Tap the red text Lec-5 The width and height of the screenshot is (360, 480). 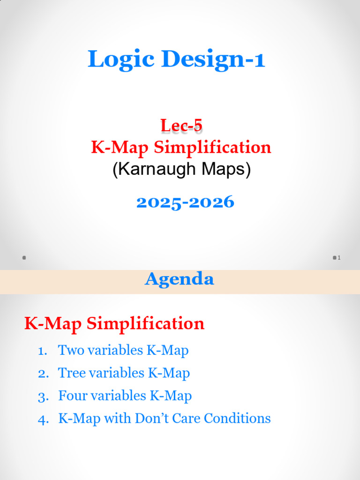pyautogui.click(x=181, y=126)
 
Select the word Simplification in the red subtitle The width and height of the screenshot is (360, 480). pyautogui.click(x=212, y=148)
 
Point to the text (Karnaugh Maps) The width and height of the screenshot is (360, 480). pyautogui.click(x=181, y=169)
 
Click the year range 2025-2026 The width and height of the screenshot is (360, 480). pyautogui.click(x=185, y=202)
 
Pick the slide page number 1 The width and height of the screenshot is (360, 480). pyautogui.click(x=339, y=258)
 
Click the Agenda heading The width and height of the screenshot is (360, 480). pyautogui.click(x=180, y=279)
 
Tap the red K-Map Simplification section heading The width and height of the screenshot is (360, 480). pyautogui.click(x=114, y=323)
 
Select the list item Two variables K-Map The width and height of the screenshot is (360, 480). pyautogui.click(x=123, y=350)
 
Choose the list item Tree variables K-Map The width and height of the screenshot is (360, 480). pyautogui.click(x=124, y=373)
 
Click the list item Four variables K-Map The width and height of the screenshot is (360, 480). pyautogui.click(x=125, y=396)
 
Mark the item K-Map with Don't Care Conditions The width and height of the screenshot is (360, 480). pyautogui.click(x=164, y=418)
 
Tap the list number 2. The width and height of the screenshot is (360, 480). pyautogui.click(x=43, y=374)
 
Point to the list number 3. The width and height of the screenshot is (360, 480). pyautogui.click(x=43, y=397)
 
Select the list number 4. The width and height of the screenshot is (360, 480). pyautogui.click(x=43, y=419)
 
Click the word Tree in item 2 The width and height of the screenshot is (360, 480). pyautogui.click(x=68, y=373)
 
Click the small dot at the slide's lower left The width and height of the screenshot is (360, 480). pyautogui.click(x=24, y=258)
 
